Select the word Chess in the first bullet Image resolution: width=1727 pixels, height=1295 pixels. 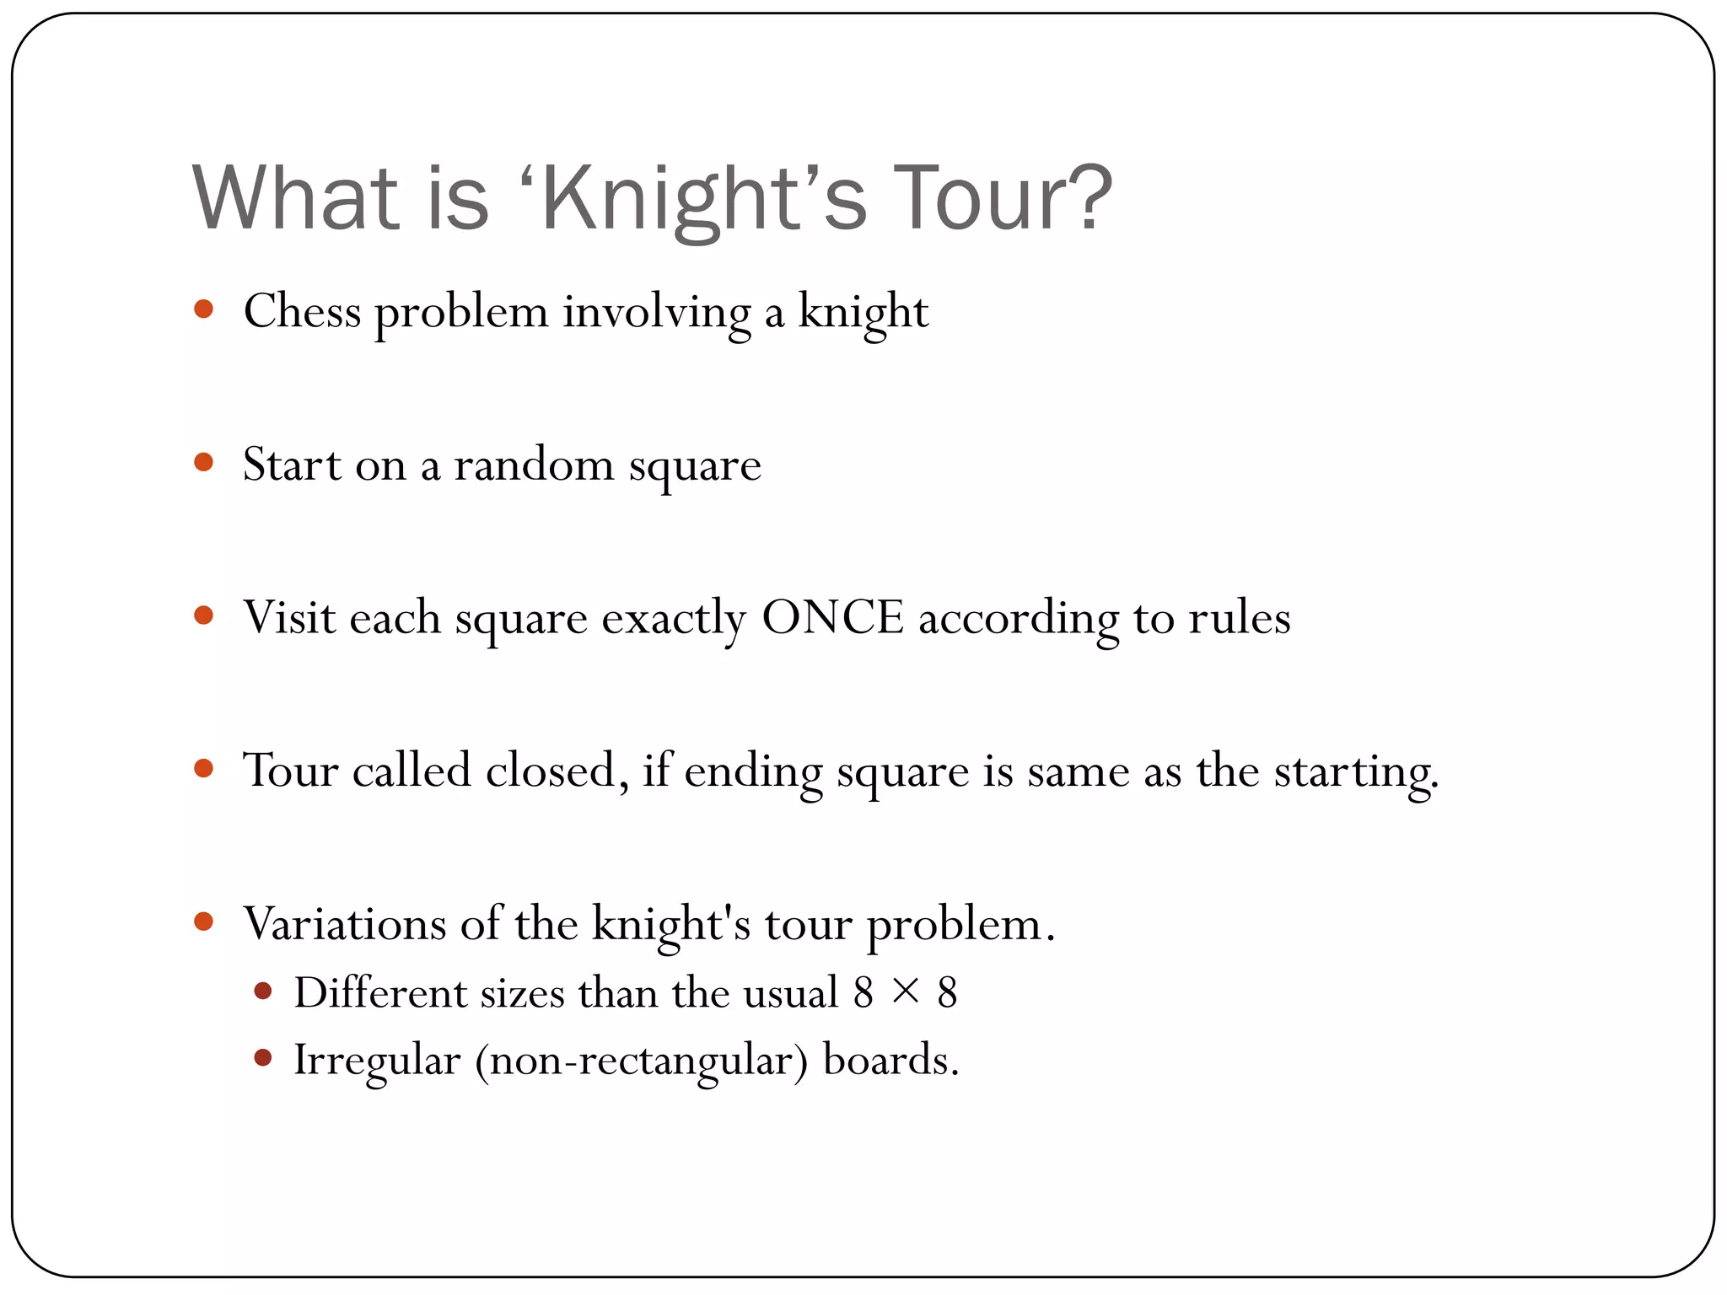pyautogui.click(x=302, y=312)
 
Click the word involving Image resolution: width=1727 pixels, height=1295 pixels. pyautogui.click(x=656, y=314)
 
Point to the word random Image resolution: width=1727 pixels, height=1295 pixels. pyautogui.click(x=534, y=465)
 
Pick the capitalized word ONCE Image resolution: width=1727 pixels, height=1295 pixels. pyautogui.click(x=832, y=617)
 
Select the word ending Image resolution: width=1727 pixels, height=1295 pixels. pyautogui.click(x=753, y=774)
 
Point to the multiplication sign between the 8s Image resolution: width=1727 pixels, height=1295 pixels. pyautogui.click(x=905, y=991)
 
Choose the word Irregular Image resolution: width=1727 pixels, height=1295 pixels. pyautogui.click(x=377, y=1060)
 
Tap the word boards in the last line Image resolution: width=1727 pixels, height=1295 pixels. pyautogui.click(x=890, y=1060)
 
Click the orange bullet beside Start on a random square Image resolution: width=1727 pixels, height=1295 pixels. pyautogui.click(x=203, y=462)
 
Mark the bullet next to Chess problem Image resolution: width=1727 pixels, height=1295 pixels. pyautogui.click(x=203, y=309)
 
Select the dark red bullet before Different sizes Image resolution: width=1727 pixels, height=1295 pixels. pyautogui.click(x=263, y=991)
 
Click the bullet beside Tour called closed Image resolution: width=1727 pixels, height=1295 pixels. pyautogui.click(x=203, y=768)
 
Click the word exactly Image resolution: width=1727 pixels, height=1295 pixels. pyautogui.click(x=674, y=620)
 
